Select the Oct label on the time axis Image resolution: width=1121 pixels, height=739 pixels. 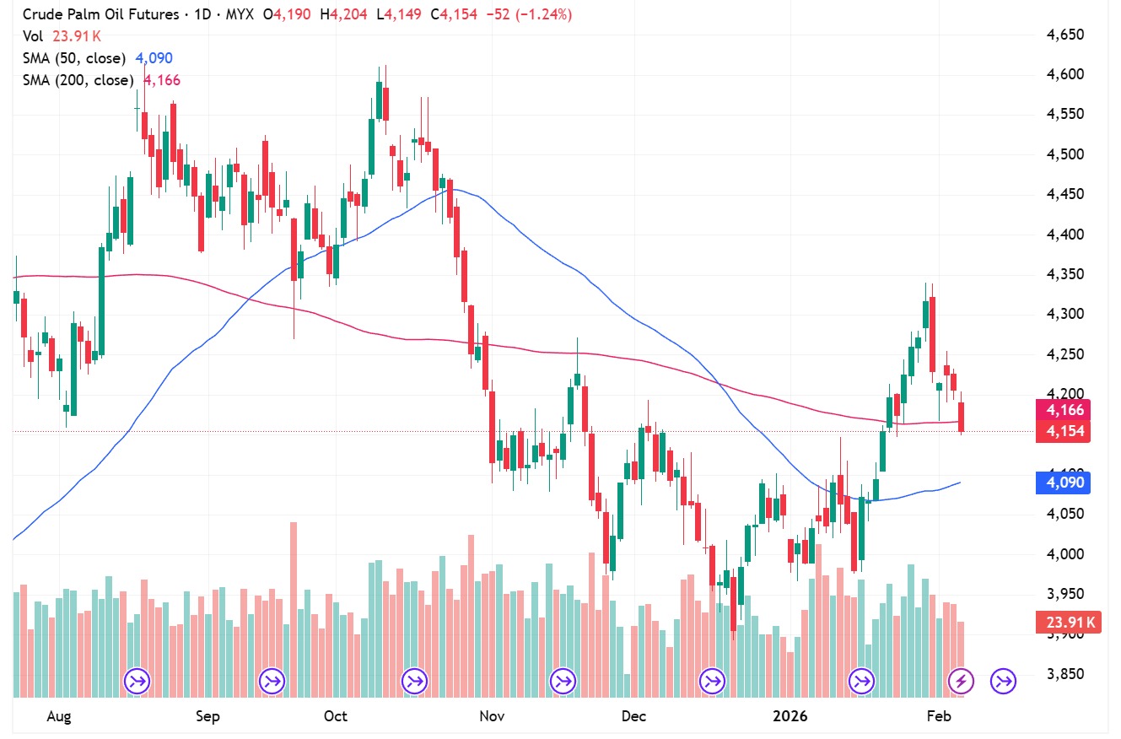tap(336, 716)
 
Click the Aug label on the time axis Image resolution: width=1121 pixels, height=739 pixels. tap(59, 716)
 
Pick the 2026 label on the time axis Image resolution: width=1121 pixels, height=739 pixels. tap(791, 716)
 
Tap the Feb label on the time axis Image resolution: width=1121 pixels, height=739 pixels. tap(939, 716)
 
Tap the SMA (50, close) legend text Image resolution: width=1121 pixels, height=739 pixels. tap(74, 58)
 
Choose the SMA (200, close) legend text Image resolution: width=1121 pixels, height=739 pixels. tap(78, 80)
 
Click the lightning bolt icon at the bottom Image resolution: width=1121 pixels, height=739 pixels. tap(962, 680)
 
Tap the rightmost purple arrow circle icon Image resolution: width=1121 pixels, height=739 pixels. tap(1003, 680)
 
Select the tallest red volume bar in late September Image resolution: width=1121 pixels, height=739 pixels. tap(294, 609)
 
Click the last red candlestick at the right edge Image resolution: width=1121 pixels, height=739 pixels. tap(962, 418)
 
